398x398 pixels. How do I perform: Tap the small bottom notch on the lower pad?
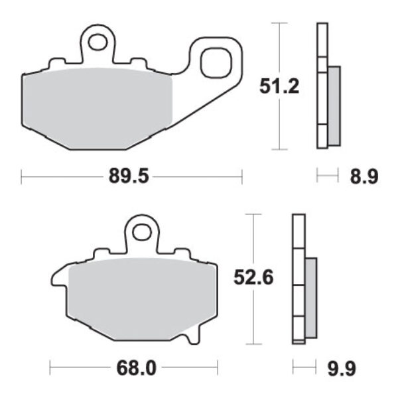point(192,339)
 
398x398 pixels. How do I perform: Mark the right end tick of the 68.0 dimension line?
point(218,367)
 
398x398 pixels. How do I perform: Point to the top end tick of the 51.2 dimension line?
point(281,23)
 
